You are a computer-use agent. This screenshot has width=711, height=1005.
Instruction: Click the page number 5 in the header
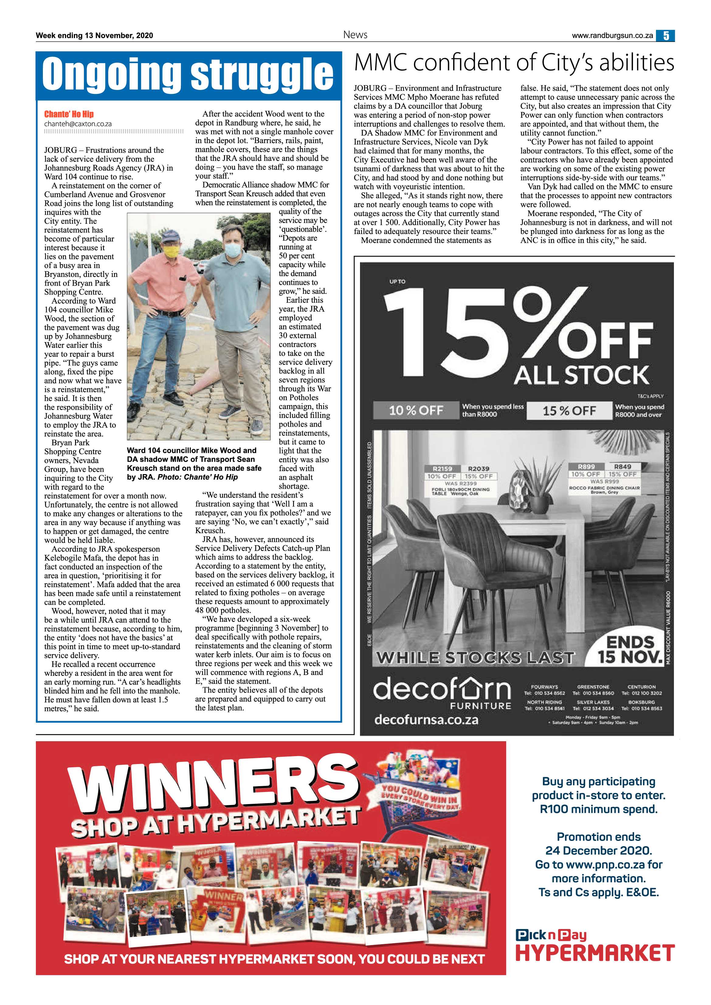click(x=665, y=36)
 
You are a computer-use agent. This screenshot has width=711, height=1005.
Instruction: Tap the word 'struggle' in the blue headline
click(x=262, y=74)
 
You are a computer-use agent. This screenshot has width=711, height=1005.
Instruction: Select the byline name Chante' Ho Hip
click(x=69, y=114)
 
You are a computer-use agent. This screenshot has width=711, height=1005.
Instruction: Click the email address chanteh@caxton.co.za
click(x=78, y=124)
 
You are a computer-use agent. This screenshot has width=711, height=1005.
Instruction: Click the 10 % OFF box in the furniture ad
click(x=416, y=410)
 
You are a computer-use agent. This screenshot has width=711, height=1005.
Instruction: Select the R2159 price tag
click(x=443, y=468)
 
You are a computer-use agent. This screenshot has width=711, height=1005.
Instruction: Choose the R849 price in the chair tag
click(x=622, y=466)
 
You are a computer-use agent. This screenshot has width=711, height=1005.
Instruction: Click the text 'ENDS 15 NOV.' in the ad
click(x=630, y=649)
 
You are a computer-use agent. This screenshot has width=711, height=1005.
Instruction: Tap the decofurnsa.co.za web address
click(x=426, y=720)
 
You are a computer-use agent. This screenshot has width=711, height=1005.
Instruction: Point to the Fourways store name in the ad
click(x=545, y=687)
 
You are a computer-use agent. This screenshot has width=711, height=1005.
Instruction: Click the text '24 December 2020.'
click(x=599, y=851)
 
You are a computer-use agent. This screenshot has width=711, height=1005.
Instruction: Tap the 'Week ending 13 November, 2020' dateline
click(x=94, y=36)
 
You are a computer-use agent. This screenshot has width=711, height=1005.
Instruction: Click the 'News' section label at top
click(x=355, y=35)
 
